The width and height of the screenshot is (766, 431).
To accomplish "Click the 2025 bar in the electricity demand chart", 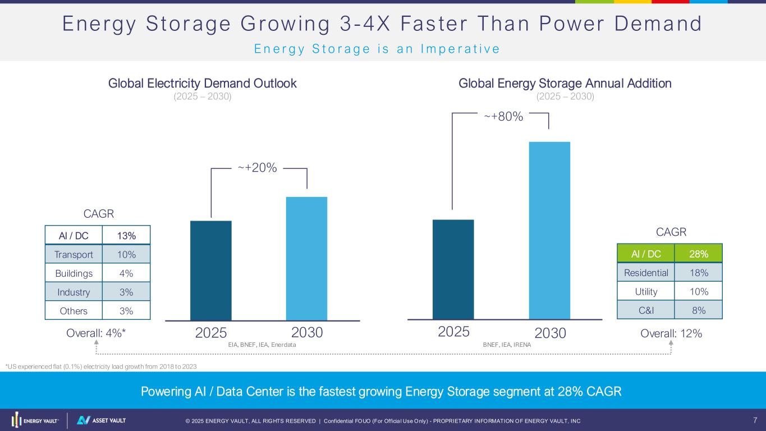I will (x=211, y=270).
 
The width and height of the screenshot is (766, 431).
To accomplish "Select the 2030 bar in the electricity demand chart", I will (x=306, y=258).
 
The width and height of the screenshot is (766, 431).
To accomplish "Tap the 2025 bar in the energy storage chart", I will (x=453, y=269).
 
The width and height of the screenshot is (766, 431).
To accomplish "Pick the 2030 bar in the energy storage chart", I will (x=549, y=230).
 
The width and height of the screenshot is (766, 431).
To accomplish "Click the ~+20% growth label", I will (x=257, y=168).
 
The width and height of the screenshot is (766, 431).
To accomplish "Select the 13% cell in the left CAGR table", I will (x=126, y=236).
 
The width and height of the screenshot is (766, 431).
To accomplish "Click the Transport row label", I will (x=74, y=255).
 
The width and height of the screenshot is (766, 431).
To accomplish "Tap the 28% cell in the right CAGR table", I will (x=699, y=254).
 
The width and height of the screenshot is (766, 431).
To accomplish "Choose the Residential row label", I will (x=645, y=273).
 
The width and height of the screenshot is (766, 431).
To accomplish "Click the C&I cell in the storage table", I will (x=645, y=310).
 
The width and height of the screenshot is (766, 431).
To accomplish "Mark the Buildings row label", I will (x=74, y=273).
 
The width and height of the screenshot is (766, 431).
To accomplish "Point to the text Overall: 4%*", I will (x=96, y=333).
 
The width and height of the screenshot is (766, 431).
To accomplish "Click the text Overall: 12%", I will (x=671, y=333).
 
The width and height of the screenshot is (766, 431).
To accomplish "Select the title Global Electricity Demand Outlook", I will (x=202, y=84).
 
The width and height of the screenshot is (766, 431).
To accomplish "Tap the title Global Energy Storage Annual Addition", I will (x=565, y=84).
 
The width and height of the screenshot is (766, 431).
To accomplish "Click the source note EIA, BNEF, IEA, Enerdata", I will (x=262, y=345).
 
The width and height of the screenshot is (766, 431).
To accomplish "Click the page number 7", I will (x=755, y=420).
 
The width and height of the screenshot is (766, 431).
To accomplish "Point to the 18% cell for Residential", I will (x=699, y=273).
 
